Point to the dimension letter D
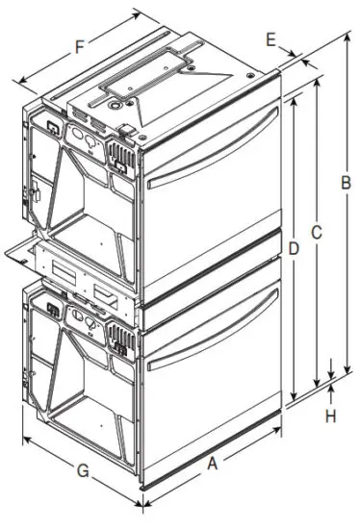[x=294, y=249]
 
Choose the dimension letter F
[x=80, y=44]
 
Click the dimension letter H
[x=331, y=416]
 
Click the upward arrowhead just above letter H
[x=332, y=386]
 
